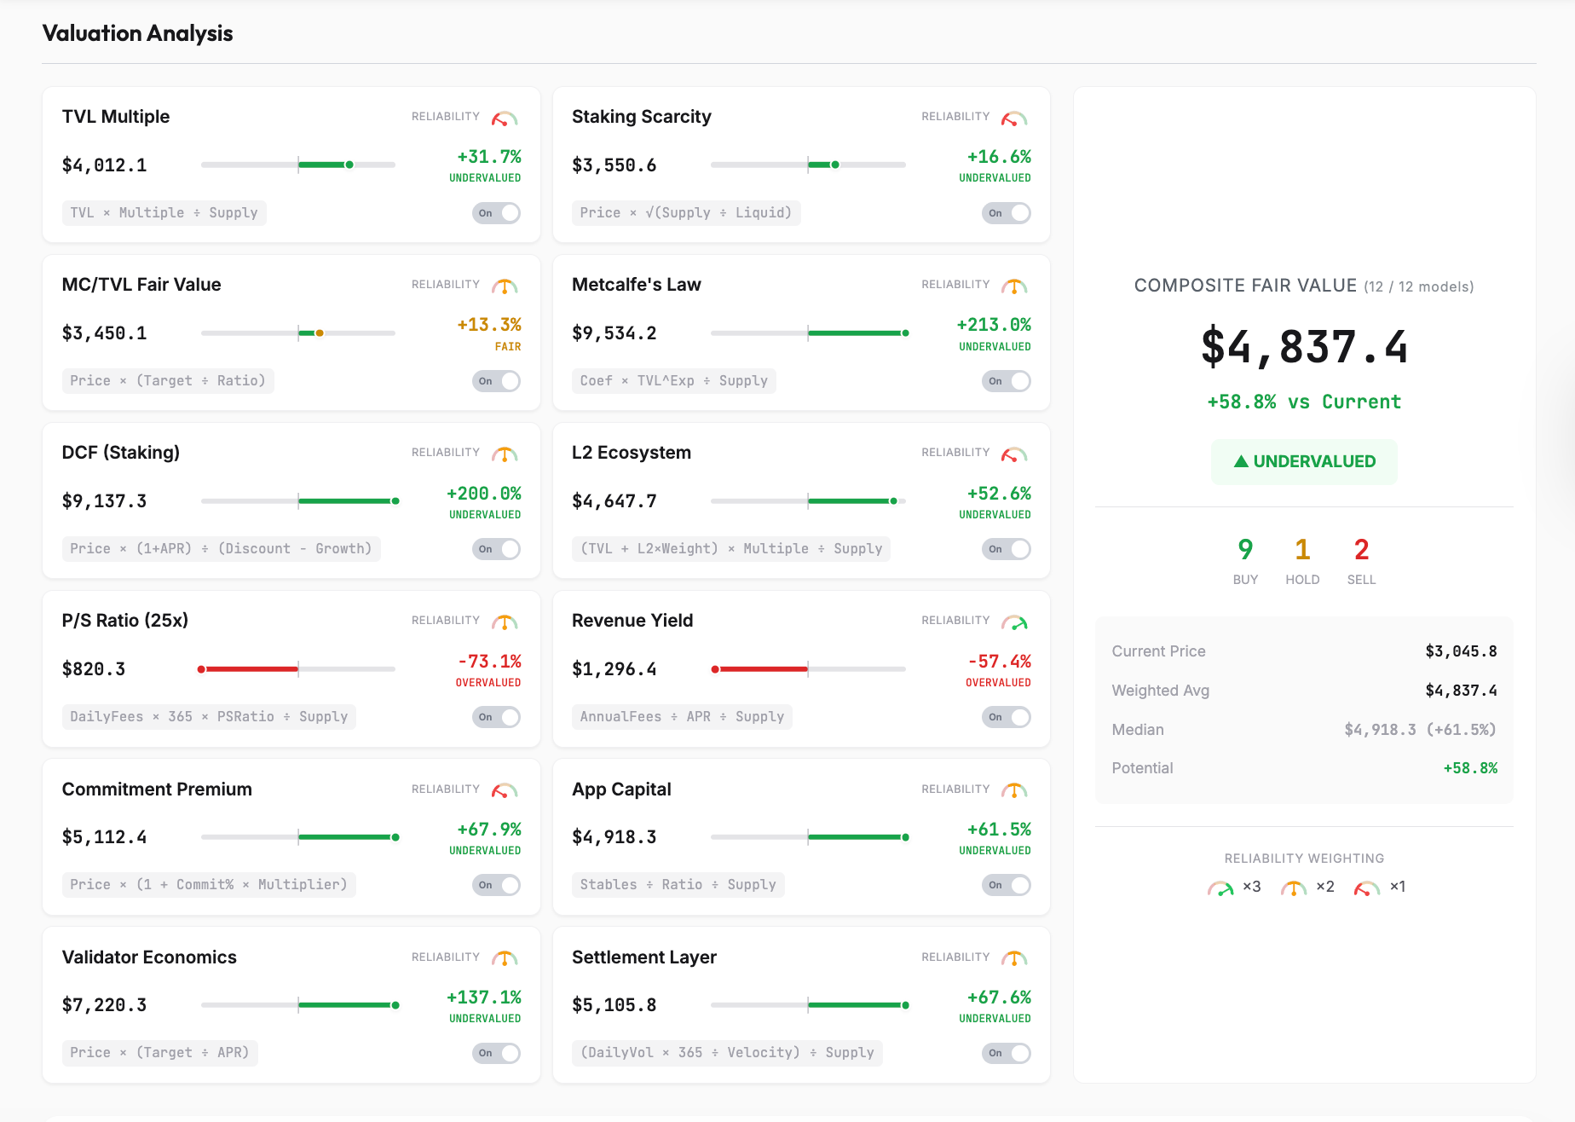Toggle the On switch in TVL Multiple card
tap(496, 213)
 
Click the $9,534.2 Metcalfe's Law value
tap(614, 333)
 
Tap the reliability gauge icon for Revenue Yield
tap(1014, 622)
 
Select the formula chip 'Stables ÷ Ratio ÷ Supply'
tap(678, 885)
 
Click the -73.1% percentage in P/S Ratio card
tap(489, 662)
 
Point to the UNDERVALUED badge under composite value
tap(1304, 462)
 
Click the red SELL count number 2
tap(1361, 550)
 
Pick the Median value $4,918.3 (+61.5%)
tap(1420, 730)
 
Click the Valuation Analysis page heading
tap(137, 33)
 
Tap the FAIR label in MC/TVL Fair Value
tap(508, 347)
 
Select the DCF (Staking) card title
tap(120, 453)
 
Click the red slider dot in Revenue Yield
tap(715, 669)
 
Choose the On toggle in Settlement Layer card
tap(1006, 1054)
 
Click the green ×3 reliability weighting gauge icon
tap(1220, 888)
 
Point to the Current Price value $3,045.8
tap(1461, 651)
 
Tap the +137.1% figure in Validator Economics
tap(483, 998)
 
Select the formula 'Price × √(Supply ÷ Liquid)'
tap(685, 213)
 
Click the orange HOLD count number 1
tap(1302, 550)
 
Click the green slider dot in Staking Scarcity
tap(835, 165)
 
